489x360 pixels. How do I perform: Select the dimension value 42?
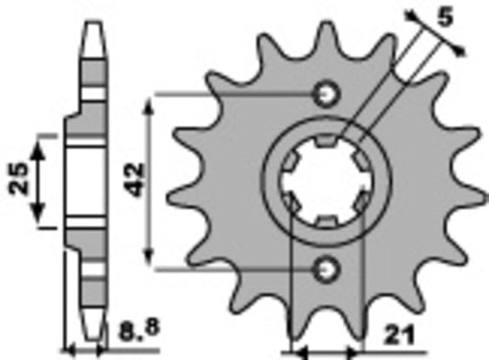pos(135,180)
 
